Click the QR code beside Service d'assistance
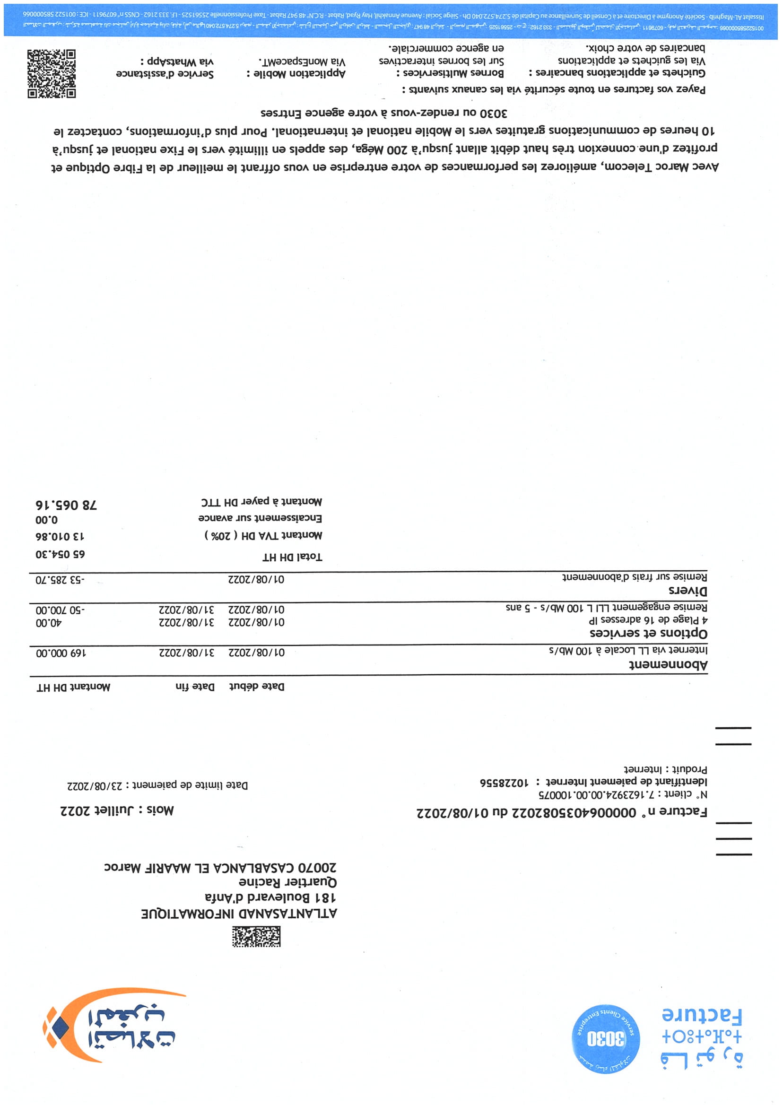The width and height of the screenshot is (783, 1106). [x=51, y=74]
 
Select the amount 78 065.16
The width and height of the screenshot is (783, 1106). [x=66, y=505]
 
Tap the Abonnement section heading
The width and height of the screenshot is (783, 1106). [x=668, y=665]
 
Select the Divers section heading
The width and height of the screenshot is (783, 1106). [x=687, y=591]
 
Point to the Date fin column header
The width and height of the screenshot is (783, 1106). [x=195, y=687]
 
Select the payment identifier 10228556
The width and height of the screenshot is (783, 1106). [x=504, y=782]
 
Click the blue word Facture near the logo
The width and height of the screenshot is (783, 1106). [x=702, y=1015]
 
